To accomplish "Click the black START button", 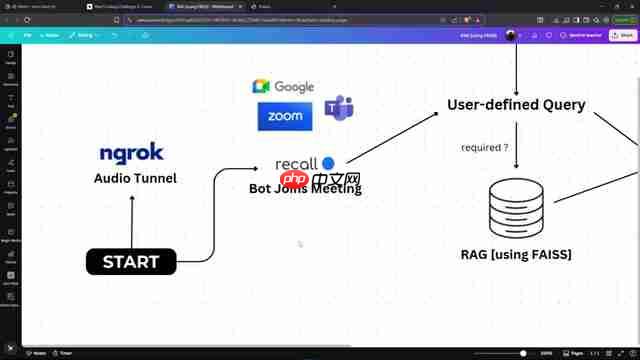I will click(131, 262).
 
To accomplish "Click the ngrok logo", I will click(131, 153).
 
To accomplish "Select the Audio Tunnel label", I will click(135, 178).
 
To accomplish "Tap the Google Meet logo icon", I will click(261, 87).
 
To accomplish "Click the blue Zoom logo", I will click(285, 116).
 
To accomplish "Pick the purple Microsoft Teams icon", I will click(338, 110).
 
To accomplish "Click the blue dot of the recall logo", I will click(328, 163).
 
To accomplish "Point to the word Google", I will click(294, 88).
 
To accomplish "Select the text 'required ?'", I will click(484, 148).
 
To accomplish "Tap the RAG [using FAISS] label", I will click(516, 255).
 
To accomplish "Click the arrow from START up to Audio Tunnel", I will click(132, 220).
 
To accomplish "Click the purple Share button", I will click(623, 35).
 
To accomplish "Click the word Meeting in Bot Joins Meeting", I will click(336, 188).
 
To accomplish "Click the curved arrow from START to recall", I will click(213, 215).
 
